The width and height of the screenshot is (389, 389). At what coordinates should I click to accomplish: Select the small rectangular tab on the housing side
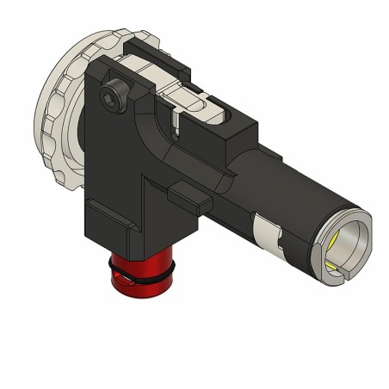pyautogui.click(x=187, y=197)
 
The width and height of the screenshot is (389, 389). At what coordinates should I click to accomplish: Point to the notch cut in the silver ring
pyautogui.click(x=339, y=275)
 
